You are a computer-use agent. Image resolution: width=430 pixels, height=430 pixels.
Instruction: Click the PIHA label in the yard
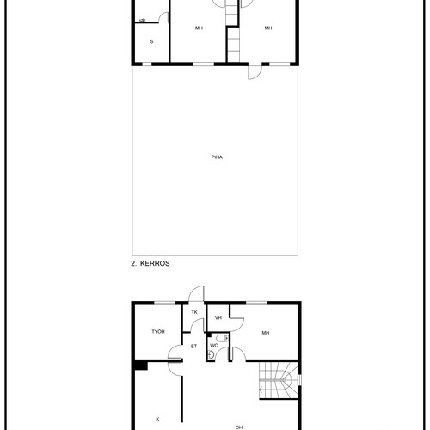coord(217,157)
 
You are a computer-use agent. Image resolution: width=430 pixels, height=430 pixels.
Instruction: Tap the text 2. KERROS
coord(150,263)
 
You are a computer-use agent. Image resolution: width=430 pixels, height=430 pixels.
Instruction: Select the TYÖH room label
coord(158,331)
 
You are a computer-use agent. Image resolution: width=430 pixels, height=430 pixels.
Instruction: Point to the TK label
coord(194,312)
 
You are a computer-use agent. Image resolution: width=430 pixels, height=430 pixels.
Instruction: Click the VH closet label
coord(218,317)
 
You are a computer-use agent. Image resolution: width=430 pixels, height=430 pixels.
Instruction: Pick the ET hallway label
coord(193,347)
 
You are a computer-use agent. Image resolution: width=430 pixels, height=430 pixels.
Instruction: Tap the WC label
coord(214,346)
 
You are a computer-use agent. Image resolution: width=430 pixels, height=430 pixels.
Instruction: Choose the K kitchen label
coord(157,419)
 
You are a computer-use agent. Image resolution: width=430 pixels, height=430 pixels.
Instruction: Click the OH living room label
coord(239,427)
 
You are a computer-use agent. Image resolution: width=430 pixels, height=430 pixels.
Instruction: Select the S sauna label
coord(151,41)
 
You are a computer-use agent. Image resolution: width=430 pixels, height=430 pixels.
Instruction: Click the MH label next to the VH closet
coord(266,333)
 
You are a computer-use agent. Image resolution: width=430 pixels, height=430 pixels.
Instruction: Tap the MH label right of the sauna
coord(199,28)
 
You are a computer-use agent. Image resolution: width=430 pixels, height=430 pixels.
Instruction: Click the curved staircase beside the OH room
coord(278,380)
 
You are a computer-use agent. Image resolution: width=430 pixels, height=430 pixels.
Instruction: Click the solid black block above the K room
coord(141,365)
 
